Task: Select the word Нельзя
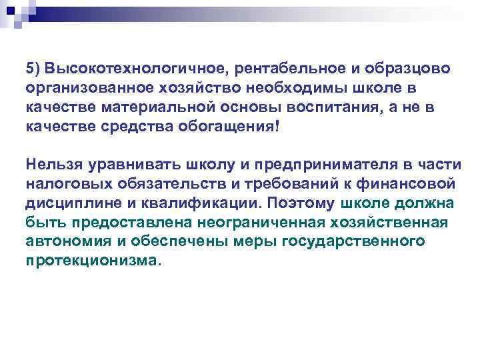50,163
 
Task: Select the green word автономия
65,241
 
